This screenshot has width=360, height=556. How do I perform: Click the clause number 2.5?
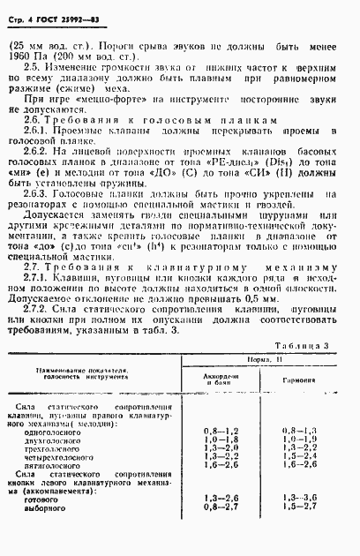[x=32, y=65]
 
